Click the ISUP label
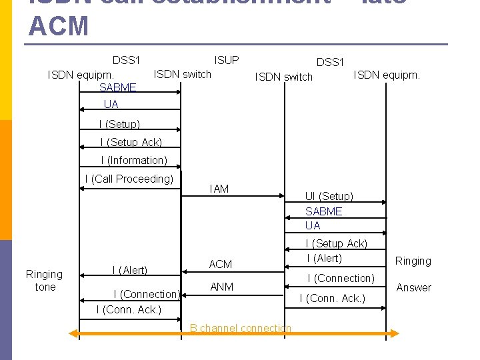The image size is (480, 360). pos(226,60)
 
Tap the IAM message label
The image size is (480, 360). pos(219,189)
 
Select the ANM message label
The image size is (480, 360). pos(221,287)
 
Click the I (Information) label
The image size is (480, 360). pos(134,160)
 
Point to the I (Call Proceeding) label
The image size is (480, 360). pos(129,178)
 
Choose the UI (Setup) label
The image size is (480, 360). pos(329,196)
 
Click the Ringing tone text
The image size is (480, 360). pos(44,280)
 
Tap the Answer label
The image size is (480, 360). pos(414,287)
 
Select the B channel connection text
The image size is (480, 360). pos(240,328)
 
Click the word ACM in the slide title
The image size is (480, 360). pos(59,26)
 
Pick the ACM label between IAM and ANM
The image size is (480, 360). pos(220,264)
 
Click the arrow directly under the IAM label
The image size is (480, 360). pos(233,197)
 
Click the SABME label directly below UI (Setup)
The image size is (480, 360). pos(323,211)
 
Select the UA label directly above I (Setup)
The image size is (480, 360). pos(111,104)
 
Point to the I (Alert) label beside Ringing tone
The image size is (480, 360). pos(129,270)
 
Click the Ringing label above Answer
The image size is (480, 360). pos(413,261)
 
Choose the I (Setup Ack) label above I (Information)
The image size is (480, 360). pos(131,142)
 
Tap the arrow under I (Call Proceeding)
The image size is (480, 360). pos(129,189)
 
